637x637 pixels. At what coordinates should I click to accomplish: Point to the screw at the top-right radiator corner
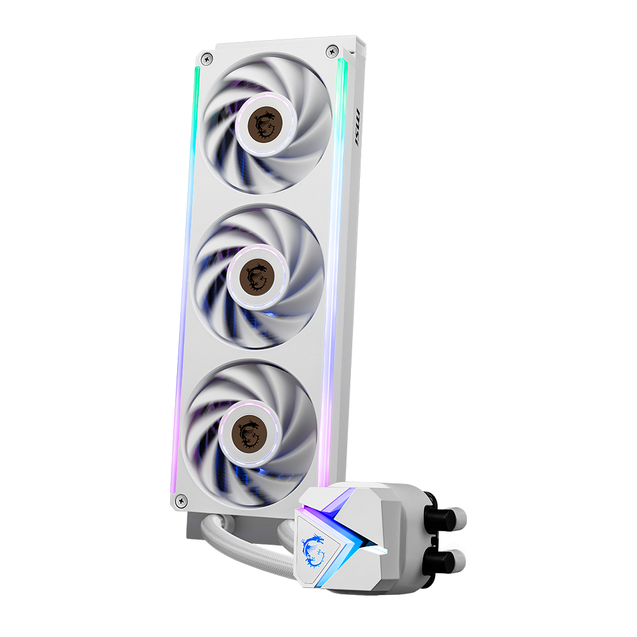click(331, 50)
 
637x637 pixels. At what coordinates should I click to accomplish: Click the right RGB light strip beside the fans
click(335, 255)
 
